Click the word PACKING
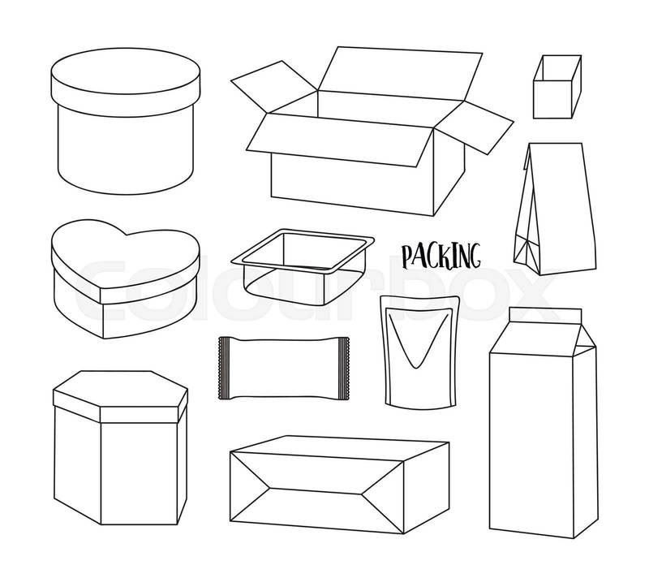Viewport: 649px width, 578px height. pos(441,257)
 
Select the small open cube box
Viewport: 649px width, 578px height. pos(557,87)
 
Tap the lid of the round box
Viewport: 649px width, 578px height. pos(126,82)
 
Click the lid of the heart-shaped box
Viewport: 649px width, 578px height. pos(126,261)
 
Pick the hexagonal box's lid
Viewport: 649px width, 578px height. pos(120,397)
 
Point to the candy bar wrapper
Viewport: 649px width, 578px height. pos(284,368)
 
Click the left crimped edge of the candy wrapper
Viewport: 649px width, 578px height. pos(224,368)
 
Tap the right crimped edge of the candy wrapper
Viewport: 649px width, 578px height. pos(343,368)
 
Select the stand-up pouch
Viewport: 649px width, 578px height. pos(420,352)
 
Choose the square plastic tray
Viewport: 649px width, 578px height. pos(303,266)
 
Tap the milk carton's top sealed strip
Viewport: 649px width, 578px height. pos(545,315)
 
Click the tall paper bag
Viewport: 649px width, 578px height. pos(555,209)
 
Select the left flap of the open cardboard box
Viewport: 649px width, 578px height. pos(274,87)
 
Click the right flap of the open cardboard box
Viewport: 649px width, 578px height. pos(475,127)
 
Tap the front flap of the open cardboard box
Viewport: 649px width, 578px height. pos(340,140)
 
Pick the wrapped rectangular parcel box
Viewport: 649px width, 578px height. pos(340,485)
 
